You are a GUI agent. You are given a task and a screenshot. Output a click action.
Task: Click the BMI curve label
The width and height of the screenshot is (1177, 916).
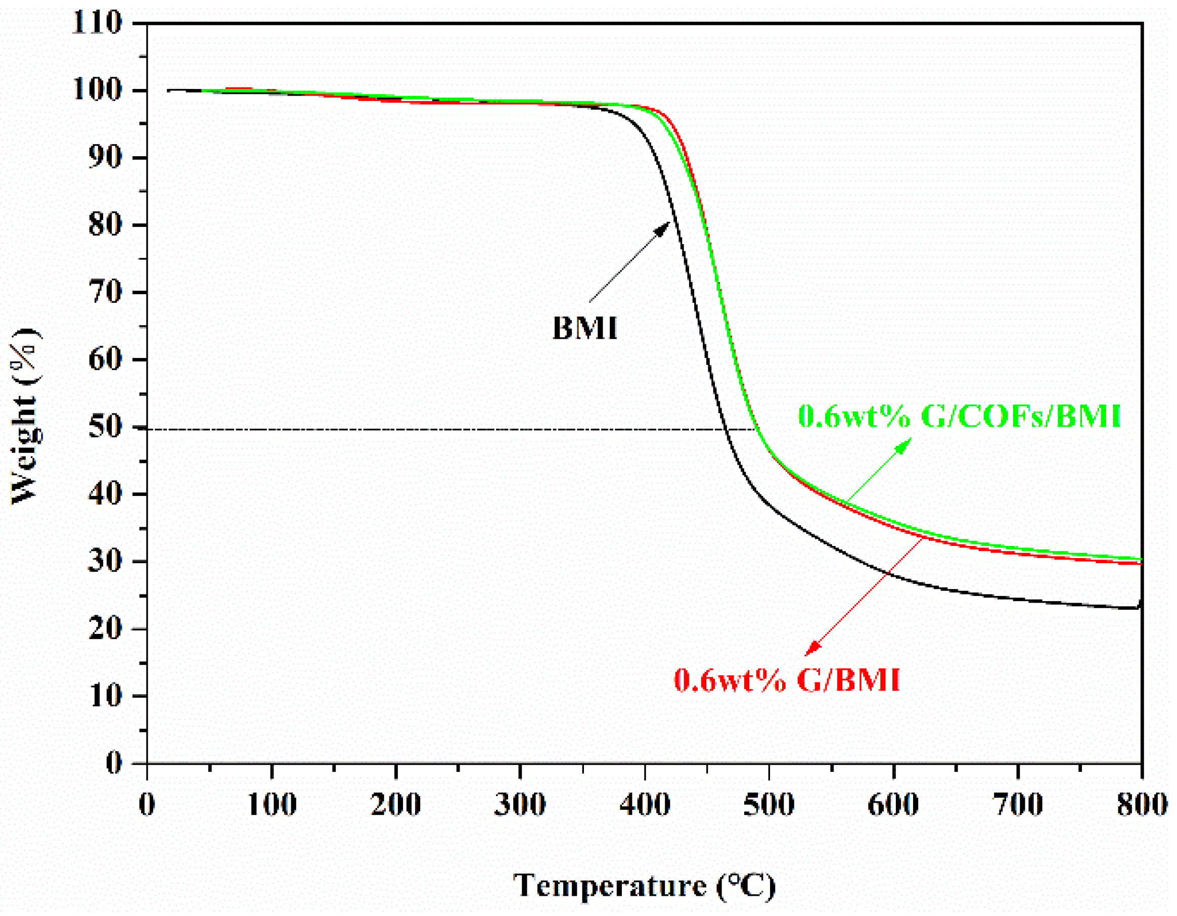585,328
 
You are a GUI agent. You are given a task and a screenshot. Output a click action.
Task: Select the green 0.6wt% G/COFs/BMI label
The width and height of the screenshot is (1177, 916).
959,416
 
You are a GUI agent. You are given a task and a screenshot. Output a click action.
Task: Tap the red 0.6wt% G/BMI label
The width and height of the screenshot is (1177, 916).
787,680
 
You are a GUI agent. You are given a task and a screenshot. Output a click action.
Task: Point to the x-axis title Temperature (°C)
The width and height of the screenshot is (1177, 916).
644,885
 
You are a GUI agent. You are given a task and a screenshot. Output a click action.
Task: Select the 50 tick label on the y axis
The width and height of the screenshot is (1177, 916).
105,427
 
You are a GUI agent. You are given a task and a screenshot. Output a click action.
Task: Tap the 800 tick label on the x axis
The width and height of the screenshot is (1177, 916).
1142,805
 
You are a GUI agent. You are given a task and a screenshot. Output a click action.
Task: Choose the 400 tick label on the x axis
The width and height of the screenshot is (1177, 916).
645,805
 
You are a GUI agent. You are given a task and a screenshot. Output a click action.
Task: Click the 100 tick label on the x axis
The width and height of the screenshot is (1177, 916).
271,805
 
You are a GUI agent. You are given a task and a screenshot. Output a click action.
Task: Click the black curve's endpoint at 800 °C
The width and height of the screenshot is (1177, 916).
1139,607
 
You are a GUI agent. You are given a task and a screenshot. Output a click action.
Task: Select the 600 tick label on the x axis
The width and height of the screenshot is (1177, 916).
893,805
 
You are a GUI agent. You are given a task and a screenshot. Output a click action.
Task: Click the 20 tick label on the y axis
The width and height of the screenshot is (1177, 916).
105,629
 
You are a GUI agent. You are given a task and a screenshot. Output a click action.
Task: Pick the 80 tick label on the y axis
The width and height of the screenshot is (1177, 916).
105,225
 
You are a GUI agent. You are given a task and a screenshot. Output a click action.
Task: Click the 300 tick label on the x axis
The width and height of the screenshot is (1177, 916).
520,805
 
